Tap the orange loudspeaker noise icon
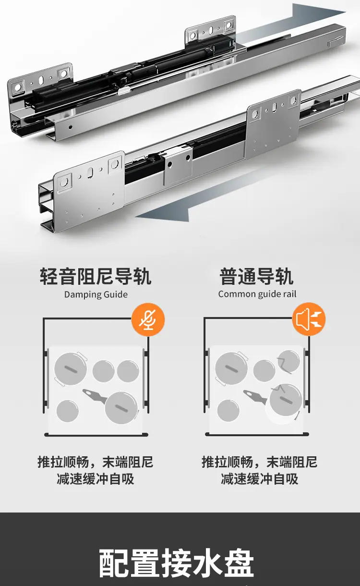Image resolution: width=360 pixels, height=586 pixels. click(309, 319)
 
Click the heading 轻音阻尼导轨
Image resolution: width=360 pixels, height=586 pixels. click(96, 276)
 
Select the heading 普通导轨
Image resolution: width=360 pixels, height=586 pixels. click(256, 276)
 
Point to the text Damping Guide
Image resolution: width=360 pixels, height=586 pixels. click(96, 294)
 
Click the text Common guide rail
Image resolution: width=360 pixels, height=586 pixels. click(257, 294)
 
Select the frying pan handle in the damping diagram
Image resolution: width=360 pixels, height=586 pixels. click(94, 395)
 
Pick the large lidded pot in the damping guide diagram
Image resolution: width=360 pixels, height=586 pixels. click(71, 368)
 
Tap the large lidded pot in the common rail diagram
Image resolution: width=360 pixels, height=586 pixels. click(231, 368)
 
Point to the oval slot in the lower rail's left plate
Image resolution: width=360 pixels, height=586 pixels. click(90, 172)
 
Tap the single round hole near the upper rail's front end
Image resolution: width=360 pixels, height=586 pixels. click(70, 127)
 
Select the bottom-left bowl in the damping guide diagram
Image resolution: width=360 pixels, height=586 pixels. click(68, 411)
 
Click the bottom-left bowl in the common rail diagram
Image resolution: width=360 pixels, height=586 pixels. click(228, 410)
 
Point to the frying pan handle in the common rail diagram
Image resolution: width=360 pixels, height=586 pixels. click(255, 395)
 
